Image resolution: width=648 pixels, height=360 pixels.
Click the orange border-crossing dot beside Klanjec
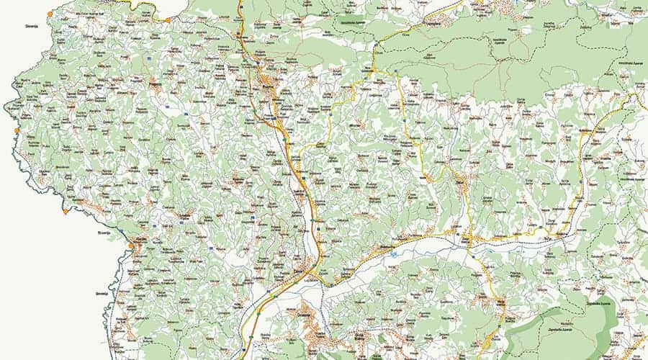click(130, 246)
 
